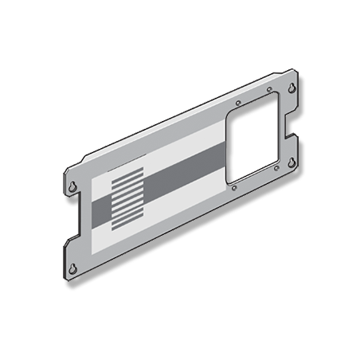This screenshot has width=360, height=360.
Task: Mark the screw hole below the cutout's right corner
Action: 275,169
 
